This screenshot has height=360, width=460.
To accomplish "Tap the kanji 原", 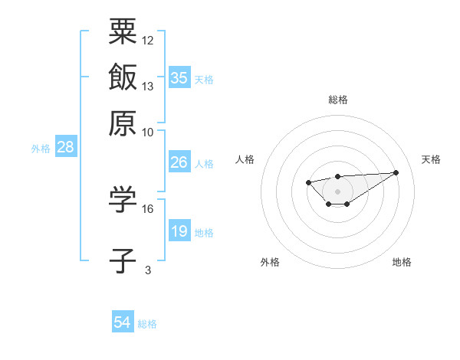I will click(x=123, y=122).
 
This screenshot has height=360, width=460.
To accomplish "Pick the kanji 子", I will click(x=123, y=260).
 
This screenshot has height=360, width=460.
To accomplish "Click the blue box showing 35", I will click(x=179, y=77).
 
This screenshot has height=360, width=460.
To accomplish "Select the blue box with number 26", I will click(x=179, y=162).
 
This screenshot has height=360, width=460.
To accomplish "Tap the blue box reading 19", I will click(x=179, y=231).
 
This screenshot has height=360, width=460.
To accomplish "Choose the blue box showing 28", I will click(x=65, y=148).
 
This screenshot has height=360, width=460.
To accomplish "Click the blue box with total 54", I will click(x=123, y=323).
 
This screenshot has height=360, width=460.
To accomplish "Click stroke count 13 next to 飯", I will click(x=148, y=87).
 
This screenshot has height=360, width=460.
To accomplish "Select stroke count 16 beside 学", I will click(x=148, y=208).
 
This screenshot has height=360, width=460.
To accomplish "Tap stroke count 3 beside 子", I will click(x=148, y=270).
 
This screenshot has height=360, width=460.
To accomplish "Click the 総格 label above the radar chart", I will click(x=338, y=100).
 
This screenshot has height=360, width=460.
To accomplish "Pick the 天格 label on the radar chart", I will click(x=431, y=159).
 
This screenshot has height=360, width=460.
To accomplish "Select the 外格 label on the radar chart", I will click(x=270, y=262).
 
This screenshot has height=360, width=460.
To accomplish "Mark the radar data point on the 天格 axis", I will click(x=396, y=172).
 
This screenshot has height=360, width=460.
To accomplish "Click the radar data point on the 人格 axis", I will click(x=308, y=182).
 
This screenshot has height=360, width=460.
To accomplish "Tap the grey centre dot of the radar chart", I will click(x=338, y=191).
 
